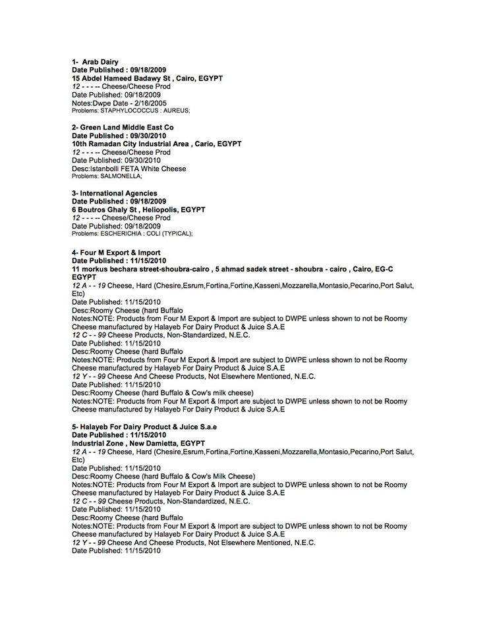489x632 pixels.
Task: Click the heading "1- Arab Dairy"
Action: (95, 62)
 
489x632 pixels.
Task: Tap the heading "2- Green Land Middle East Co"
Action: (123, 127)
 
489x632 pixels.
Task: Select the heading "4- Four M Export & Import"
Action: (116, 253)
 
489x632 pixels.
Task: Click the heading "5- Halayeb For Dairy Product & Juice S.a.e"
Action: (144, 427)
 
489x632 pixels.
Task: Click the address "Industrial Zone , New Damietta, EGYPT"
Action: (138, 444)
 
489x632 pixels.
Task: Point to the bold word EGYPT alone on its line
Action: (84, 277)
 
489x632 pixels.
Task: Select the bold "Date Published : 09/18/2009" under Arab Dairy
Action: (119, 70)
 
